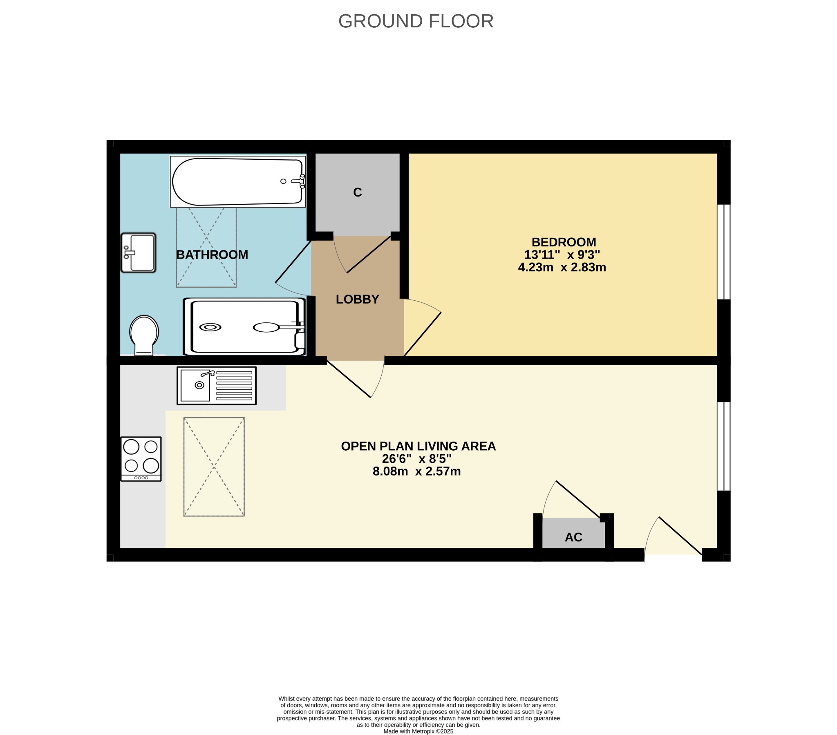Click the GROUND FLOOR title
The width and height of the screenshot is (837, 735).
[416, 21]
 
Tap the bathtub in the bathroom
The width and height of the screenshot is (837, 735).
[237, 181]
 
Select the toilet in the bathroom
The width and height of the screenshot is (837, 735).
[144, 335]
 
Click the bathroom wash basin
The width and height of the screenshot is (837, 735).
[139, 252]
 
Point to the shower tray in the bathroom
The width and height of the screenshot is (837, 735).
[244, 327]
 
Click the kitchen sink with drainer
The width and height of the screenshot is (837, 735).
[217, 386]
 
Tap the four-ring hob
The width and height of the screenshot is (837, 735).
[141, 459]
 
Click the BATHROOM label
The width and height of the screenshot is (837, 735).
[212, 255]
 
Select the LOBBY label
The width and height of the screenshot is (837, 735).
[358, 299]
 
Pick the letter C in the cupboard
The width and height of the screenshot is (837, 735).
[358, 192]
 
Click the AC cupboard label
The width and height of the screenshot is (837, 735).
[573, 537]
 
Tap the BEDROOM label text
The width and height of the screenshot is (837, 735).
[564, 242]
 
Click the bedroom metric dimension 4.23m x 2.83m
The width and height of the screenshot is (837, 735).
[562, 267]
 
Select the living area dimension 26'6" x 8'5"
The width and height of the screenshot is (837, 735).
[417, 458]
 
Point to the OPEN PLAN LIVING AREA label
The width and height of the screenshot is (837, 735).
[418, 446]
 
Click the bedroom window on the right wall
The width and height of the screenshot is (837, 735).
[724, 252]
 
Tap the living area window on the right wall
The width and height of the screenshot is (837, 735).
[724, 446]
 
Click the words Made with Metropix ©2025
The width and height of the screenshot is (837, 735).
[418, 731]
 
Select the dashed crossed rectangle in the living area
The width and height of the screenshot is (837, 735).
[214, 467]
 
